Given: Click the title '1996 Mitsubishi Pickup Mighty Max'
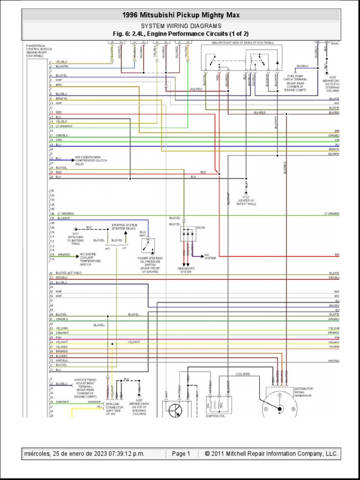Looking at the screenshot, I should pyautogui.click(x=180, y=15).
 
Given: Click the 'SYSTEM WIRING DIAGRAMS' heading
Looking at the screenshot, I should pyautogui.click(x=180, y=26).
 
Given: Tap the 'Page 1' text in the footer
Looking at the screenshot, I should pyautogui.click(x=181, y=453).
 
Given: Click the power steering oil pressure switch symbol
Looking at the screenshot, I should pyautogui.click(x=149, y=246).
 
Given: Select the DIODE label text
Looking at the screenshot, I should pyautogui.click(x=200, y=227).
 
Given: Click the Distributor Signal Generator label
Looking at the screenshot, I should pyautogui.click(x=303, y=392).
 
